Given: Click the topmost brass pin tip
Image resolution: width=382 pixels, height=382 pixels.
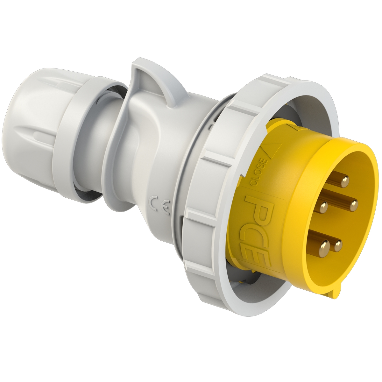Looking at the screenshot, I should [x=344, y=182].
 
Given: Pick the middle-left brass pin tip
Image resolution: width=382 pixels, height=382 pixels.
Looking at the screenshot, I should [x=324, y=207].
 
